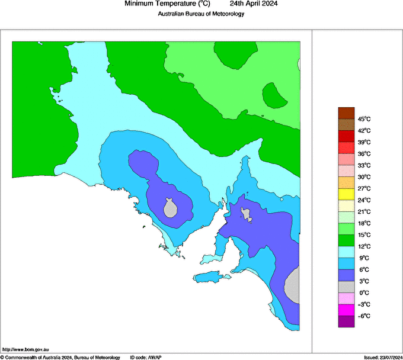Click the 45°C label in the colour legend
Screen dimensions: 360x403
click(x=364, y=119)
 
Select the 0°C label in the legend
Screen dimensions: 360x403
click(x=364, y=292)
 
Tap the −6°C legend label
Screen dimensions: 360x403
click(x=364, y=316)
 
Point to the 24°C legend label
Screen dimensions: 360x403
click(x=364, y=200)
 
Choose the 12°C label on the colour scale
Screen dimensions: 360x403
click(x=364, y=246)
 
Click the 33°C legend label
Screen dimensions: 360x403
click(x=364, y=165)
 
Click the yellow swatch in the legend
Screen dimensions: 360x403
click(x=346, y=194)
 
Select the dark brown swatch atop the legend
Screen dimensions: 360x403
click(x=346, y=113)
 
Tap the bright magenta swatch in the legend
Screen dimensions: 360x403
click(x=346, y=310)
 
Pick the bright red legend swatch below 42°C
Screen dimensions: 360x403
click(x=346, y=148)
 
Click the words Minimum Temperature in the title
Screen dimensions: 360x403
click(x=159, y=4)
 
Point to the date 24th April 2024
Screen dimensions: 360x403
click(x=254, y=4)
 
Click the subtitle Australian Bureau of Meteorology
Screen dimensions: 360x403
click(x=201, y=14)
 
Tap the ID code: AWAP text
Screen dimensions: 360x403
click(x=145, y=357)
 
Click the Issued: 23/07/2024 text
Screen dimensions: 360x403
click(x=382, y=357)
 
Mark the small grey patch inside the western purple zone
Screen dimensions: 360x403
click(x=170, y=208)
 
